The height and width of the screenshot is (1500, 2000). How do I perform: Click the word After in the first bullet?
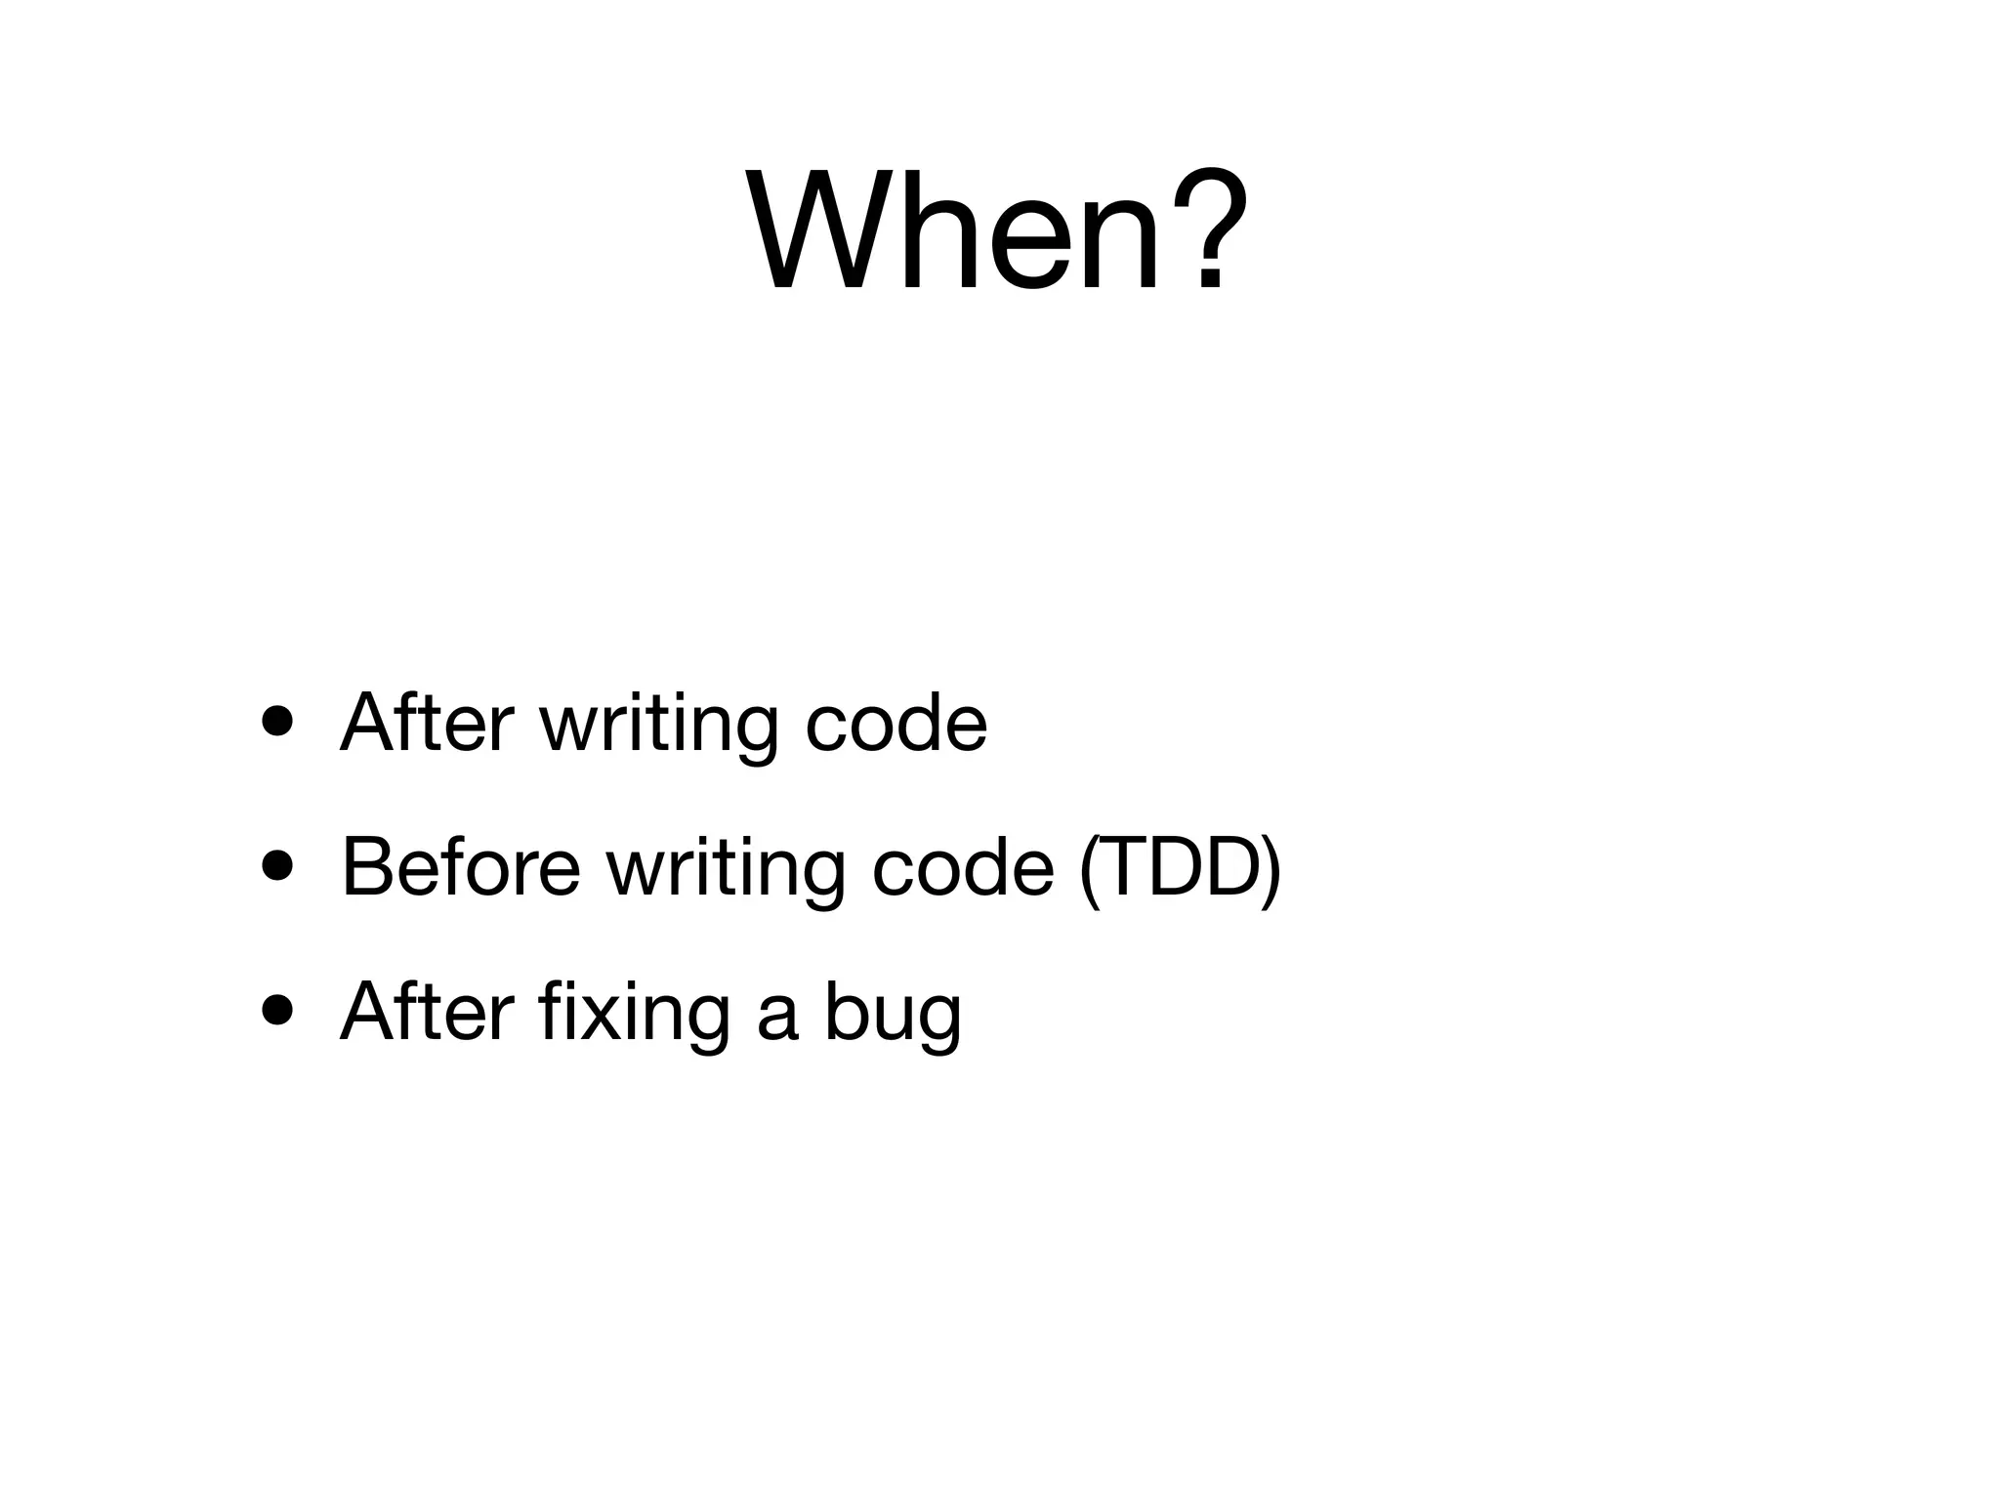pos(426,723)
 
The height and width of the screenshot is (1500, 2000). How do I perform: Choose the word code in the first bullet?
pos(896,724)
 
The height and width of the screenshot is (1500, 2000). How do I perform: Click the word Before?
pos(460,866)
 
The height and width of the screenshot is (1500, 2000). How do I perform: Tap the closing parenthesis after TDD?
pos(1270,868)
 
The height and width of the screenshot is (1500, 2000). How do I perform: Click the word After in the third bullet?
pos(426,1012)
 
